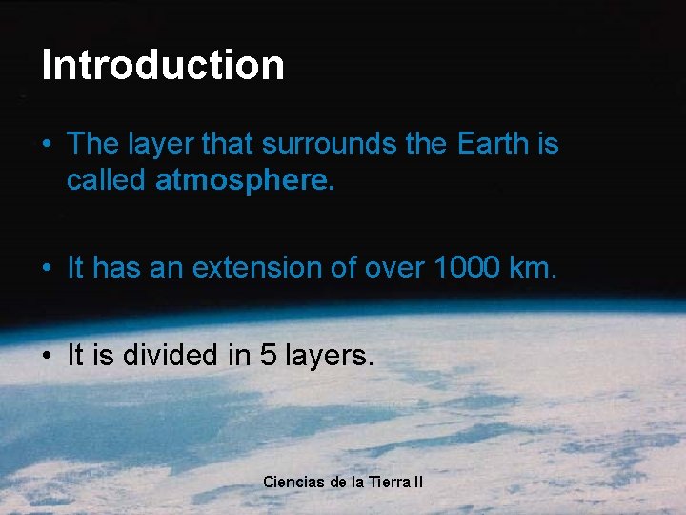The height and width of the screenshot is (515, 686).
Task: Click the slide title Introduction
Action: [163, 65]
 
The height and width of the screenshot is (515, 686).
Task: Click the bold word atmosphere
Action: [245, 180]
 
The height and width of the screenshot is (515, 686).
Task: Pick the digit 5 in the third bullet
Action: [269, 356]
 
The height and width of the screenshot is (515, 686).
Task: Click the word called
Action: [106, 180]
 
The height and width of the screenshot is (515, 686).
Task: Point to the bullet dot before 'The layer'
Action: [47, 145]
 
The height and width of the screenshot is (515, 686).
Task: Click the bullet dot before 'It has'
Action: [47, 269]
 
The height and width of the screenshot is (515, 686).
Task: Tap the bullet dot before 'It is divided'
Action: [47, 357]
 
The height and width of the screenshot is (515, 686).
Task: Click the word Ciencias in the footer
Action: [293, 482]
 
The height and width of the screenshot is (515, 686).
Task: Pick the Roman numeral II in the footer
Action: [418, 482]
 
